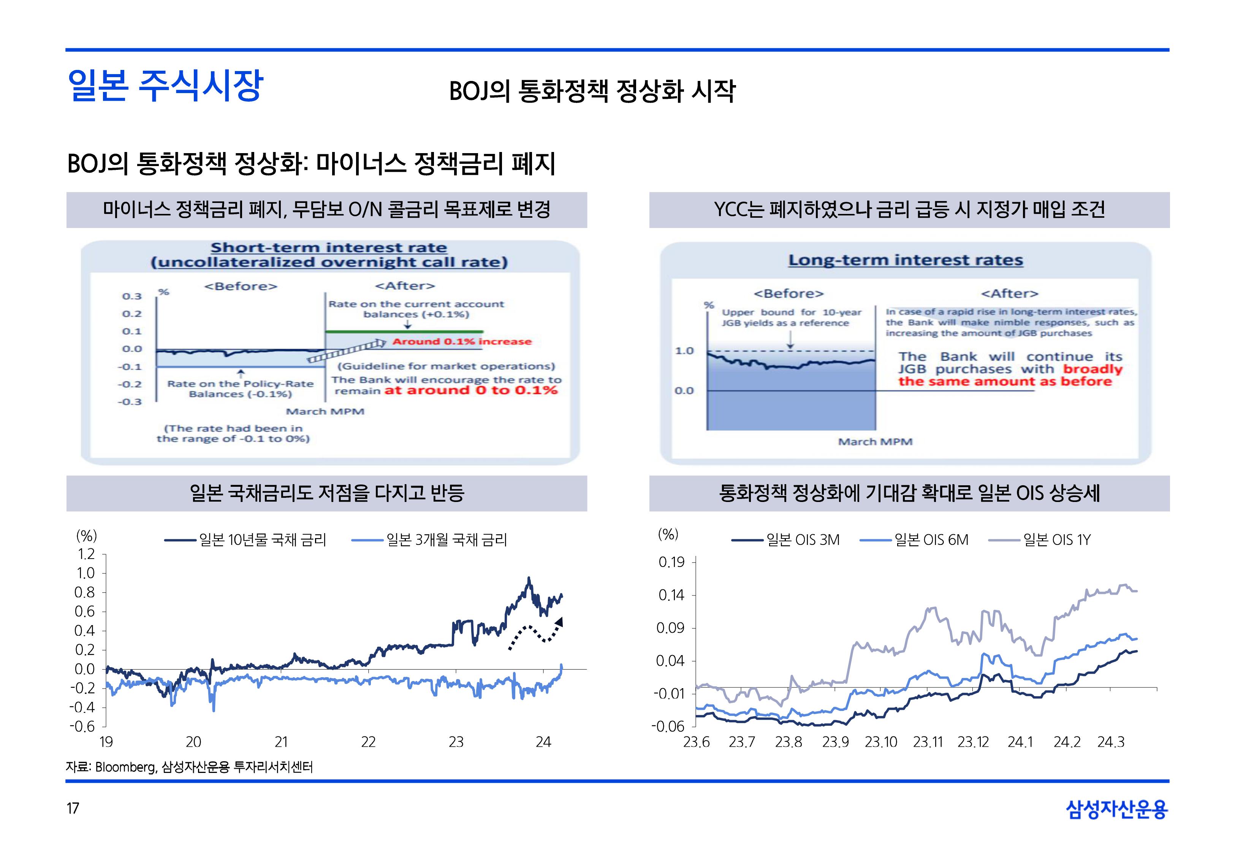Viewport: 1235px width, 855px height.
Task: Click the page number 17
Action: tap(73, 808)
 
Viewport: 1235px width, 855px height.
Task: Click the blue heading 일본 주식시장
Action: tap(165, 86)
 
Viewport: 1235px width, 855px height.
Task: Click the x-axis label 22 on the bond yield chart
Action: tap(369, 743)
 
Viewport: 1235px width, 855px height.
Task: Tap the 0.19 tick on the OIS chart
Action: tap(671, 562)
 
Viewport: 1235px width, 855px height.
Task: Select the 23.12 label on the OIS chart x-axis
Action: tap(973, 743)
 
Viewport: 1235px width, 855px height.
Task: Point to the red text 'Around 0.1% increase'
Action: tap(462, 342)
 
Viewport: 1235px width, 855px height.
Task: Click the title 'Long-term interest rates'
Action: tap(905, 260)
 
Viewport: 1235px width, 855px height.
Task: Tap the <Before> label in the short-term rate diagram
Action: tap(241, 287)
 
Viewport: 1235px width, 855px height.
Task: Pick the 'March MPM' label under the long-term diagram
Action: tap(874, 442)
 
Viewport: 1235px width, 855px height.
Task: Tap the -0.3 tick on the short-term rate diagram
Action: tap(130, 402)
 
